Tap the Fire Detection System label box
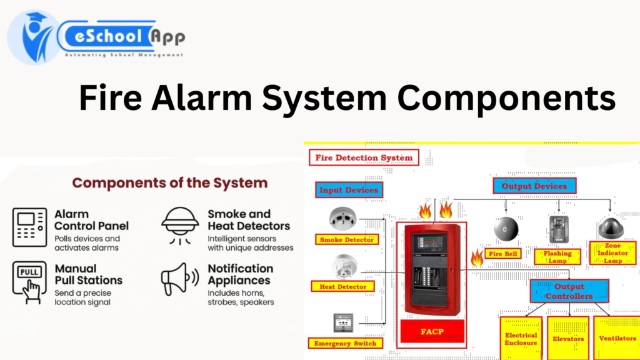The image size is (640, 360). tap(364, 157)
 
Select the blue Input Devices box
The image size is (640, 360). tap(348, 190)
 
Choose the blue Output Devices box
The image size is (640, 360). tap(534, 186)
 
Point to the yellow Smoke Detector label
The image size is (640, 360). tap(347, 239)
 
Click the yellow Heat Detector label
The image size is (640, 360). tap(343, 287)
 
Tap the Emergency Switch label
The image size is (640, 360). tap(345, 343)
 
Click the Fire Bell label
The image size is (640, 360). tap(504, 254)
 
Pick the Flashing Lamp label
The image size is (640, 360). tap(557, 256)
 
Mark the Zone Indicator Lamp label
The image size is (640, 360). tap(612, 252)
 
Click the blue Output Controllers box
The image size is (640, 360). tap(569, 291)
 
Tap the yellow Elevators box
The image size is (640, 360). tap(568, 339)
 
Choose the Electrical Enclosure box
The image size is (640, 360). tap(521, 339)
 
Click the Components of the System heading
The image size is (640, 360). tap(170, 183)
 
